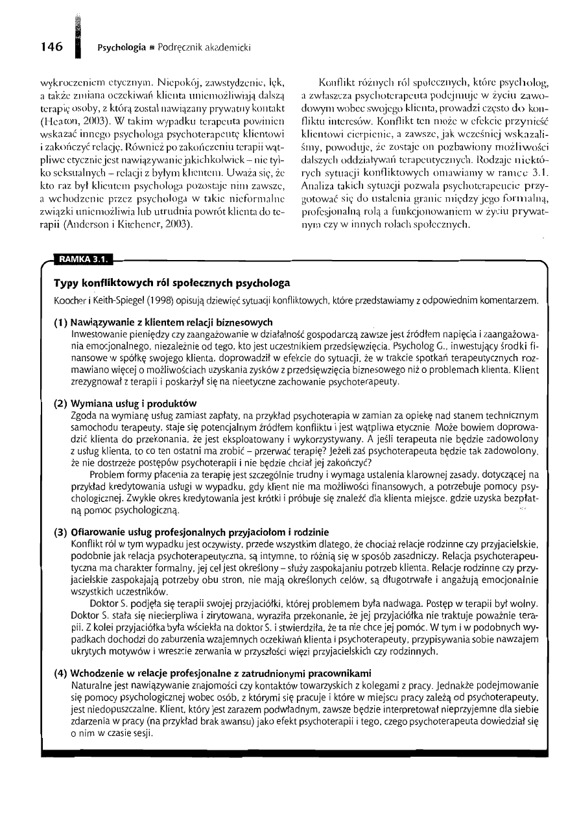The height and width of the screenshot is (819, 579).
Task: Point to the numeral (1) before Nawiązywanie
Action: point(61,322)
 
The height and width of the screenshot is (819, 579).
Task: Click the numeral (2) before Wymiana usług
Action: point(61,403)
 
